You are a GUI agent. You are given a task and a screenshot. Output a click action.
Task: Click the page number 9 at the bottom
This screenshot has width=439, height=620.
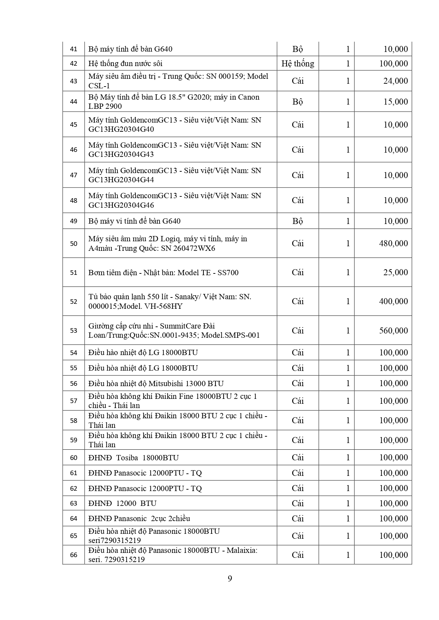tap(230, 579)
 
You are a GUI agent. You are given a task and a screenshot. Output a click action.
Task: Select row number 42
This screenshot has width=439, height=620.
tap(74, 64)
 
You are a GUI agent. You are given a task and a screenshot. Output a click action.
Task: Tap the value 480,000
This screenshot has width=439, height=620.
tap(393, 243)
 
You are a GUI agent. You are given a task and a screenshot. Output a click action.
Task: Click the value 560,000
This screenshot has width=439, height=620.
tap(393, 331)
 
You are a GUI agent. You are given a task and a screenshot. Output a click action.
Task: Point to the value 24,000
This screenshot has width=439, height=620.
tap(395, 81)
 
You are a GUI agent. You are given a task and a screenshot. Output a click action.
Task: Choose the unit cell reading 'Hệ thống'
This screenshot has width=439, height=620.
tap(298, 64)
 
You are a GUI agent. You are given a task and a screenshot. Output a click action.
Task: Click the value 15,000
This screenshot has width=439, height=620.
tap(395, 102)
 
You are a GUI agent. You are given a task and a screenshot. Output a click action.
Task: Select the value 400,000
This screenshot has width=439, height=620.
tap(393, 301)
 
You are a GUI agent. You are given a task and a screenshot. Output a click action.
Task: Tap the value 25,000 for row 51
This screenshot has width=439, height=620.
tap(395, 272)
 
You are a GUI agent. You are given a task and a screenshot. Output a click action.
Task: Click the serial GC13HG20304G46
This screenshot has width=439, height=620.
tap(121, 205)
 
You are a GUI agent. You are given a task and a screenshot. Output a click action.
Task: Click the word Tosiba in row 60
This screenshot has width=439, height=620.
tap(127, 458)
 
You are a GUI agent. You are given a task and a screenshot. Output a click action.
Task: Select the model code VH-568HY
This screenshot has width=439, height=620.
tap(163, 306)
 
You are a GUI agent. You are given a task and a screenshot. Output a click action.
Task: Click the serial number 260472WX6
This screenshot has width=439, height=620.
tap(195, 248)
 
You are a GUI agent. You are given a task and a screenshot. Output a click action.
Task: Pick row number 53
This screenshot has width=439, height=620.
tap(74, 331)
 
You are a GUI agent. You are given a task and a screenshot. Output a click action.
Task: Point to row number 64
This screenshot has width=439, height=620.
tap(74, 519)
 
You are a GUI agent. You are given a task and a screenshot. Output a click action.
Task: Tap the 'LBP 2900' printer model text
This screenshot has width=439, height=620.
tap(105, 106)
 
